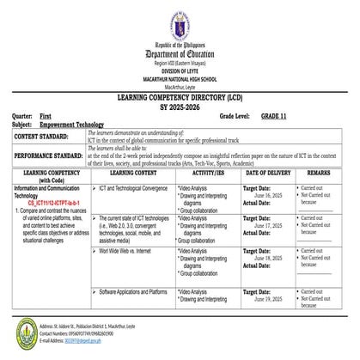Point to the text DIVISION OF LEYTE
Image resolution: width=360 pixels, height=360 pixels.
(180, 69)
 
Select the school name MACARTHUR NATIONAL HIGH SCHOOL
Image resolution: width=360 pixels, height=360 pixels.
(180, 76)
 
